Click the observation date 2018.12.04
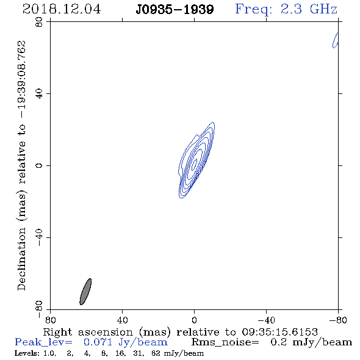tap(62, 9)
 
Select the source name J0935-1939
tap(175, 10)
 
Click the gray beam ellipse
tap(85, 292)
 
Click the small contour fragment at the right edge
tap(336, 40)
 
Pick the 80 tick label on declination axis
tap(39, 22)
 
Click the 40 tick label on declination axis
tap(39, 94)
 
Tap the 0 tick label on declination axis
tap(39, 165)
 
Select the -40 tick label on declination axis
tap(39, 237)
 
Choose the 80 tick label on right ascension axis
tap(50, 320)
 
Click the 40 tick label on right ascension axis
tap(122, 320)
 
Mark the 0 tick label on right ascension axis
tap(194, 320)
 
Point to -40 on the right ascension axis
tap(266, 320)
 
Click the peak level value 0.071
tap(98, 342)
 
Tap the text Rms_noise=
tap(225, 342)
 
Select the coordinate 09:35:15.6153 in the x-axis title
tap(279, 332)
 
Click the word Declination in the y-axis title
tap(21, 259)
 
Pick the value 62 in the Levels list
tap(156, 353)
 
